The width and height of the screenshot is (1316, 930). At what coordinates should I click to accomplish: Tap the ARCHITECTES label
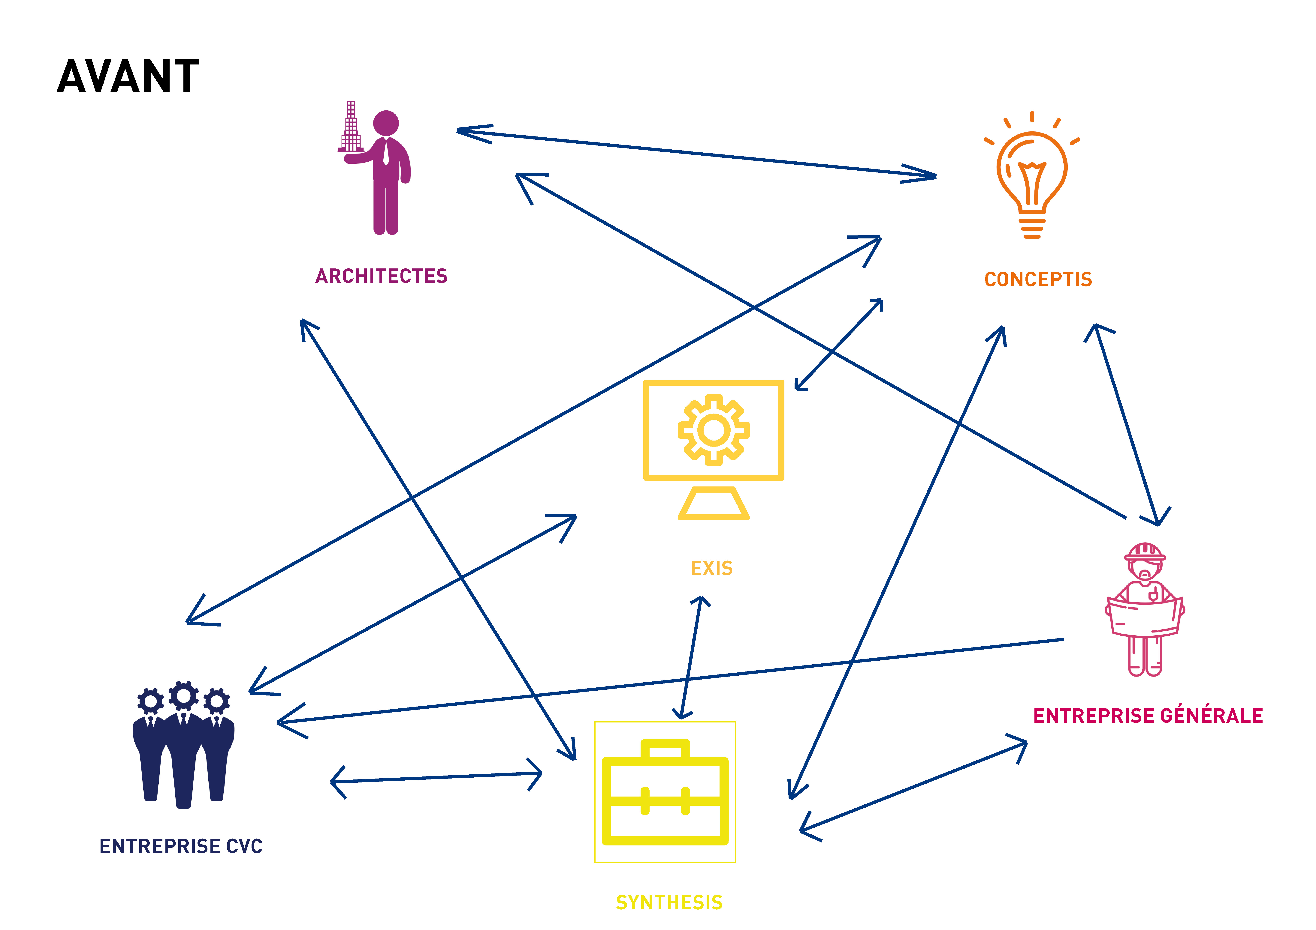(x=381, y=276)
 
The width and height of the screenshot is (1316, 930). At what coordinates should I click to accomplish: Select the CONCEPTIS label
(x=1038, y=280)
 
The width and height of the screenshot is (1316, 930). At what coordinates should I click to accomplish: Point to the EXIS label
(x=711, y=568)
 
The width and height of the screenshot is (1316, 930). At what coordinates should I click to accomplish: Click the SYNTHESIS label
(x=669, y=902)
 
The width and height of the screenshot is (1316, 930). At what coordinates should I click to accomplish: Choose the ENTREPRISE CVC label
(x=181, y=846)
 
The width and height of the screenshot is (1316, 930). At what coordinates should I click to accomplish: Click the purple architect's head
(x=386, y=123)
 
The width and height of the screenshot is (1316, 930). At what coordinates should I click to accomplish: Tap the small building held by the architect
(x=351, y=129)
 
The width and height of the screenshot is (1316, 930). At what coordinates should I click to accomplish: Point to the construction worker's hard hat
(x=1145, y=551)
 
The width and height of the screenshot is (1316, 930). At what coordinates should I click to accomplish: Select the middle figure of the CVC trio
(x=183, y=745)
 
